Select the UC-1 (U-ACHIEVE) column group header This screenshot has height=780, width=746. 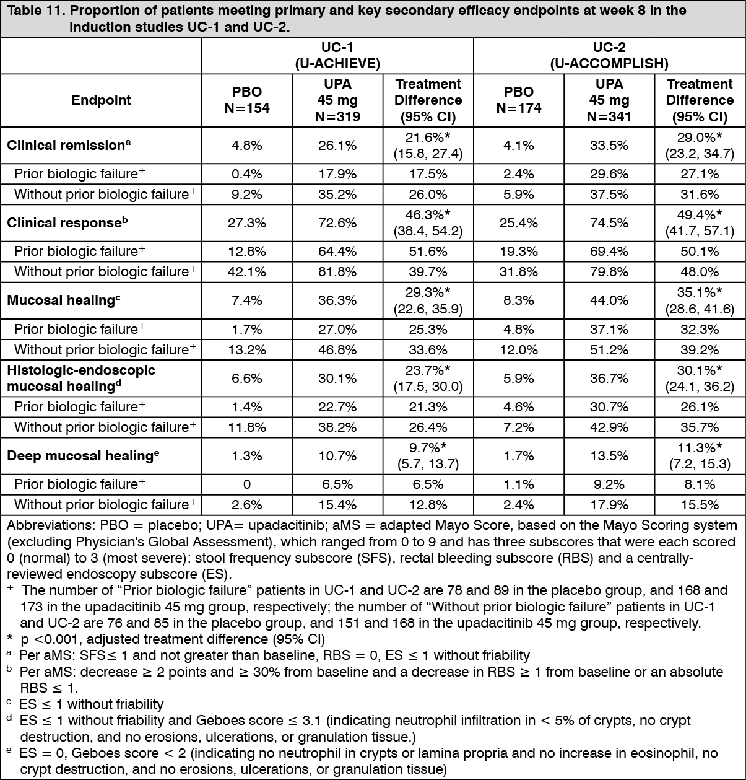(x=337, y=56)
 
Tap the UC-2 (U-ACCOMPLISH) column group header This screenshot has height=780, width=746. (x=609, y=56)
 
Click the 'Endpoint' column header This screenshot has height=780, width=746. (x=101, y=100)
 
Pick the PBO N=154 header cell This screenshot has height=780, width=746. (x=247, y=100)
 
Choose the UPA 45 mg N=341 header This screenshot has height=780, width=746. (x=609, y=100)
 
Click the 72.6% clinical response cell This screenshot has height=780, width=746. (x=337, y=223)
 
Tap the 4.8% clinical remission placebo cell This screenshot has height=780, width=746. (x=247, y=146)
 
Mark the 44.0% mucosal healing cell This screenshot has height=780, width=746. (x=609, y=300)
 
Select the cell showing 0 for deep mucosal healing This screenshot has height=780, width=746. (x=247, y=484)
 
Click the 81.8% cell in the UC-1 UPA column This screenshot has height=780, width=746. (x=337, y=272)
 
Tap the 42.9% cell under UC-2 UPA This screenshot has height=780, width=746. (x=609, y=427)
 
